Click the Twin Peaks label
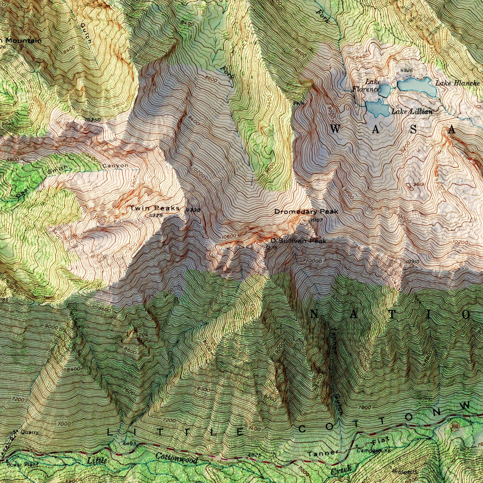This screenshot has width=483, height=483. pos(155,208)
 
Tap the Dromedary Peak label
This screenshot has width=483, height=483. pos(306,212)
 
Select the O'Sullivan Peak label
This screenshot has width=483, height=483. pos(298,241)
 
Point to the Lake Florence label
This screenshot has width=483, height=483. pos(366,86)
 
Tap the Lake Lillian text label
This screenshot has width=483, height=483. pos(412,112)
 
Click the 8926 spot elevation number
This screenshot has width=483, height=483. pos(406,71)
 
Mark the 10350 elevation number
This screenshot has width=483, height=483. pos(93,120)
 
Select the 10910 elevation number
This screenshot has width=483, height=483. pos(413,262)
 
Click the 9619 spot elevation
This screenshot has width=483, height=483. pos(418,184)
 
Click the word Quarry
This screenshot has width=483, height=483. pos(29,432)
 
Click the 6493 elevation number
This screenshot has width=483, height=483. pos(129,443)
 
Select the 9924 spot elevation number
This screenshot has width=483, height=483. pos(298,103)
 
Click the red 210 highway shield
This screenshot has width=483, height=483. pos(455,427)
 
